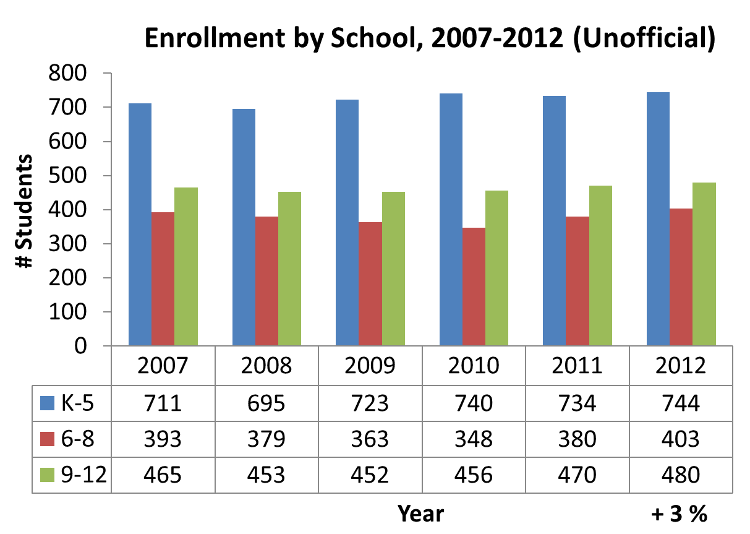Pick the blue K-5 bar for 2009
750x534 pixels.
[x=347, y=222]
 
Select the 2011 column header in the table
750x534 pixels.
[x=577, y=366]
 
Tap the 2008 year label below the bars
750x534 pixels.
[x=266, y=366]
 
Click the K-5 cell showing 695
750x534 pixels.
[x=266, y=403]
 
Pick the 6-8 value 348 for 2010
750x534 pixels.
[x=474, y=439]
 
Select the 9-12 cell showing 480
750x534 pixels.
[x=681, y=475]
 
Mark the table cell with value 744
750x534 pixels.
[x=681, y=403]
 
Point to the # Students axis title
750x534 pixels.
[x=25, y=210]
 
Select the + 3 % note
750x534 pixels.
[x=679, y=514]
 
